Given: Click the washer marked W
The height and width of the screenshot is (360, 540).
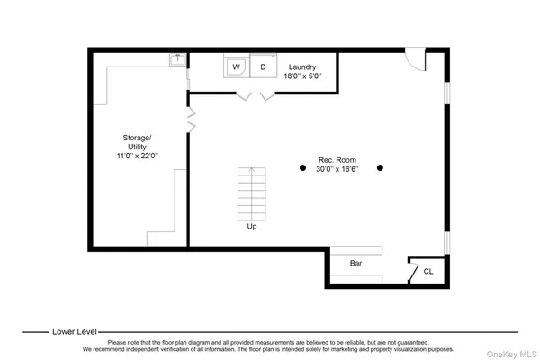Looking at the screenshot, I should click(x=237, y=67).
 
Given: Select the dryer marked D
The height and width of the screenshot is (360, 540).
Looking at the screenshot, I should click(x=264, y=67).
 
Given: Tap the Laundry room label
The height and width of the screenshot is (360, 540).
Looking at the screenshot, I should click(x=301, y=67).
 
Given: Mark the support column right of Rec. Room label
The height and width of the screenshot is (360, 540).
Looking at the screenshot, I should click(x=381, y=167).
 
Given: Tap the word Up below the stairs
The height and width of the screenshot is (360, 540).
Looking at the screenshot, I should click(x=251, y=227).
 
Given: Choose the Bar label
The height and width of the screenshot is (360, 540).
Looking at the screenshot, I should click(x=355, y=264).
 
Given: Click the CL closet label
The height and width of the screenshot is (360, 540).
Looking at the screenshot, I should click(x=428, y=270).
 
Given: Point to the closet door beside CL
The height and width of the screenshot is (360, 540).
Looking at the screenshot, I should click(x=412, y=269).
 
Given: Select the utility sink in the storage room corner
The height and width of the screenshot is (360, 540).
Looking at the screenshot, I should click(x=177, y=59).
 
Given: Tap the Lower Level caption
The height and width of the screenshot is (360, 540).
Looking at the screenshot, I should click(x=76, y=331).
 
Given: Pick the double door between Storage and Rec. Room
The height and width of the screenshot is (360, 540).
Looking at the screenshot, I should click(x=192, y=117).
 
